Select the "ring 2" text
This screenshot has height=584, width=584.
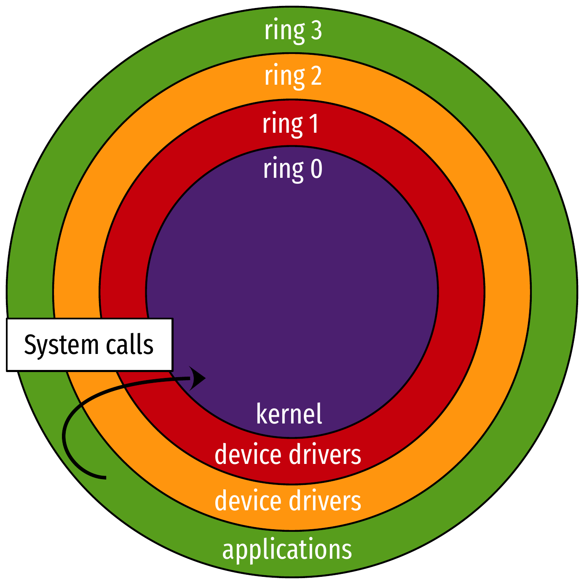tap(293, 76)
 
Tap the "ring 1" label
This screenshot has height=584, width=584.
tap(290, 124)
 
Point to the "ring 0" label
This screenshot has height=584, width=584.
tap(293, 169)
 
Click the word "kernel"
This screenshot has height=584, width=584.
tap(289, 414)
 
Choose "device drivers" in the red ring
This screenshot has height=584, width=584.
tap(288, 455)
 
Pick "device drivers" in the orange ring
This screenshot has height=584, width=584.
tap(288, 501)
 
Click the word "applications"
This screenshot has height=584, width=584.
tap(287, 550)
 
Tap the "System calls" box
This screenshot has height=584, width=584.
tap(89, 345)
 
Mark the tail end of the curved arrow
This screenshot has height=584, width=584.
tap(105, 477)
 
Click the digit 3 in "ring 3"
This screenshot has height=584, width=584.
tap(316, 31)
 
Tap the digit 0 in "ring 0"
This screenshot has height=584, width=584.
tap(316, 169)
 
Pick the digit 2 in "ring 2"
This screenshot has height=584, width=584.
tap(315, 76)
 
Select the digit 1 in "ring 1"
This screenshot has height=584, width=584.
tap(313, 124)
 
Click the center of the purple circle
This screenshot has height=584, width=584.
tap(292, 292)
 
